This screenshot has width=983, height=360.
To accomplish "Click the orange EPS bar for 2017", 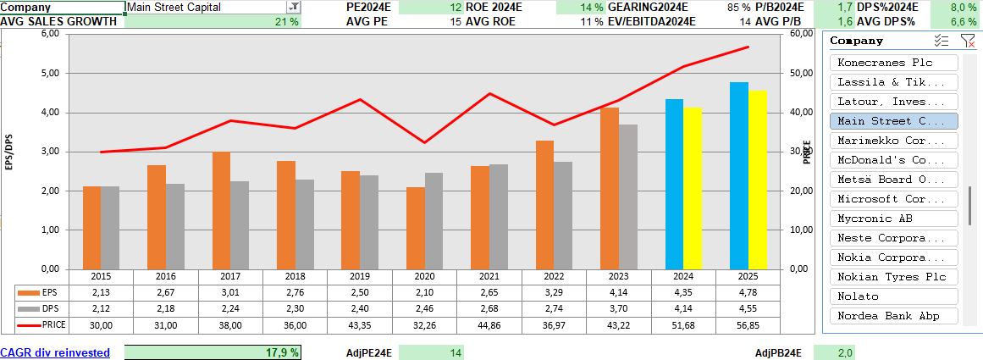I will pos(222,211).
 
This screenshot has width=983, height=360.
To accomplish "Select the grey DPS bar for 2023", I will pos(627,197).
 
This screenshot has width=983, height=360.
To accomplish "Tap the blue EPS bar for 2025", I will pos(738,175).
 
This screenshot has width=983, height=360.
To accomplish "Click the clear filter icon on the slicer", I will pos(968,41).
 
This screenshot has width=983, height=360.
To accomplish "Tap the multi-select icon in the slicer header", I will pos(940,41).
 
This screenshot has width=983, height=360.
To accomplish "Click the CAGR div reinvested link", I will pos(55,352).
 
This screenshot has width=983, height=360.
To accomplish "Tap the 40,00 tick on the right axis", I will pos(801,112).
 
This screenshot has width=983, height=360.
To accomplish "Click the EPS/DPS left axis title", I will pos(9,152).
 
